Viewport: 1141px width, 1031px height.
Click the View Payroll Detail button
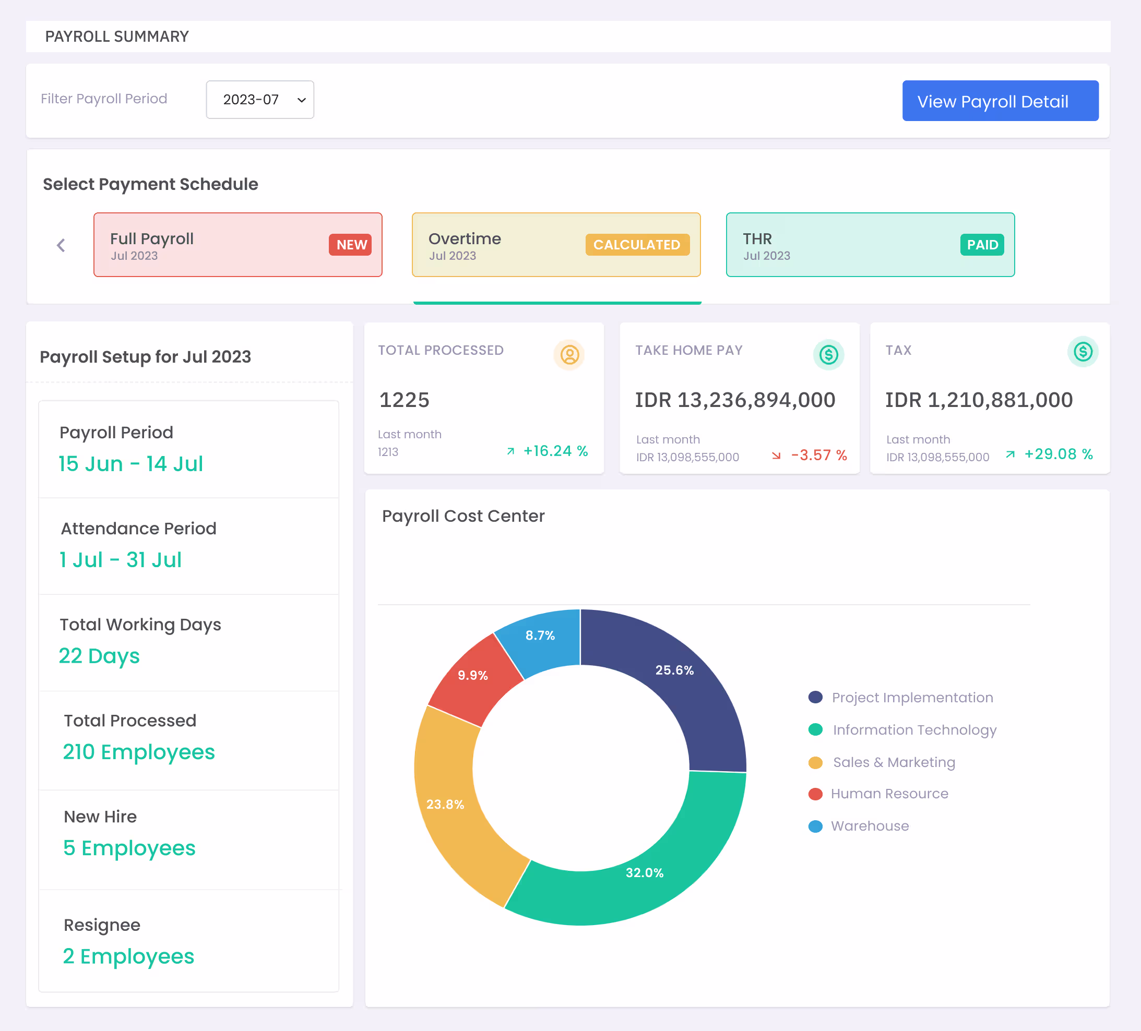coord(1000,101)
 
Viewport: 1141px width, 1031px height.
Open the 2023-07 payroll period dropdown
coord(260,100)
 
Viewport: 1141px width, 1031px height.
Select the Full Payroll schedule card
coord(237,245)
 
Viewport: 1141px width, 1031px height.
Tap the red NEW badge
coord(350,245)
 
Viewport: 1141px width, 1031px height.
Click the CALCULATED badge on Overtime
coord(637,245)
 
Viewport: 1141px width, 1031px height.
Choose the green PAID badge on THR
coord(982,245)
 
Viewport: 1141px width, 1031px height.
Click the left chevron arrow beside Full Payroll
coord(61,245)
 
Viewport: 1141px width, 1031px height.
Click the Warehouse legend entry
coord(859,826)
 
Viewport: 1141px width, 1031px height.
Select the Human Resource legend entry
coord(878,794)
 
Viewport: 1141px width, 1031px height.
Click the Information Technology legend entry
coord(902,730)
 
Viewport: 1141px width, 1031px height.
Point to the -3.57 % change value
coord(819,455)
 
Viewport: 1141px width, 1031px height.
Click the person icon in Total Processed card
coord(569,355)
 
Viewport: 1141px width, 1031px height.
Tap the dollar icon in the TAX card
coord(1083,351)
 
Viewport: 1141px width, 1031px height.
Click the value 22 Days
coord(99,656)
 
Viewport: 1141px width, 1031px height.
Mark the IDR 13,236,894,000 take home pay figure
coord(735,400)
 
